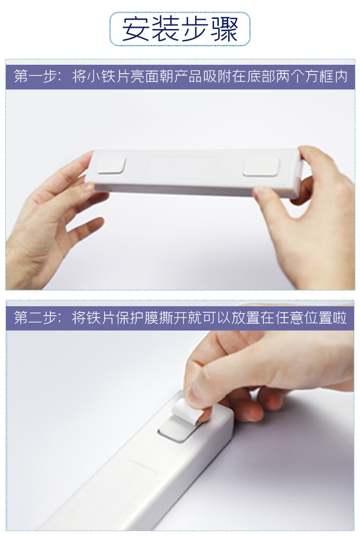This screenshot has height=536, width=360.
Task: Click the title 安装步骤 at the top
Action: (180, 30)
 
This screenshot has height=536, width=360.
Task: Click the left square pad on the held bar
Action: (112, 165)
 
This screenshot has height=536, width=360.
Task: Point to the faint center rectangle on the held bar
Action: (184, 166)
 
